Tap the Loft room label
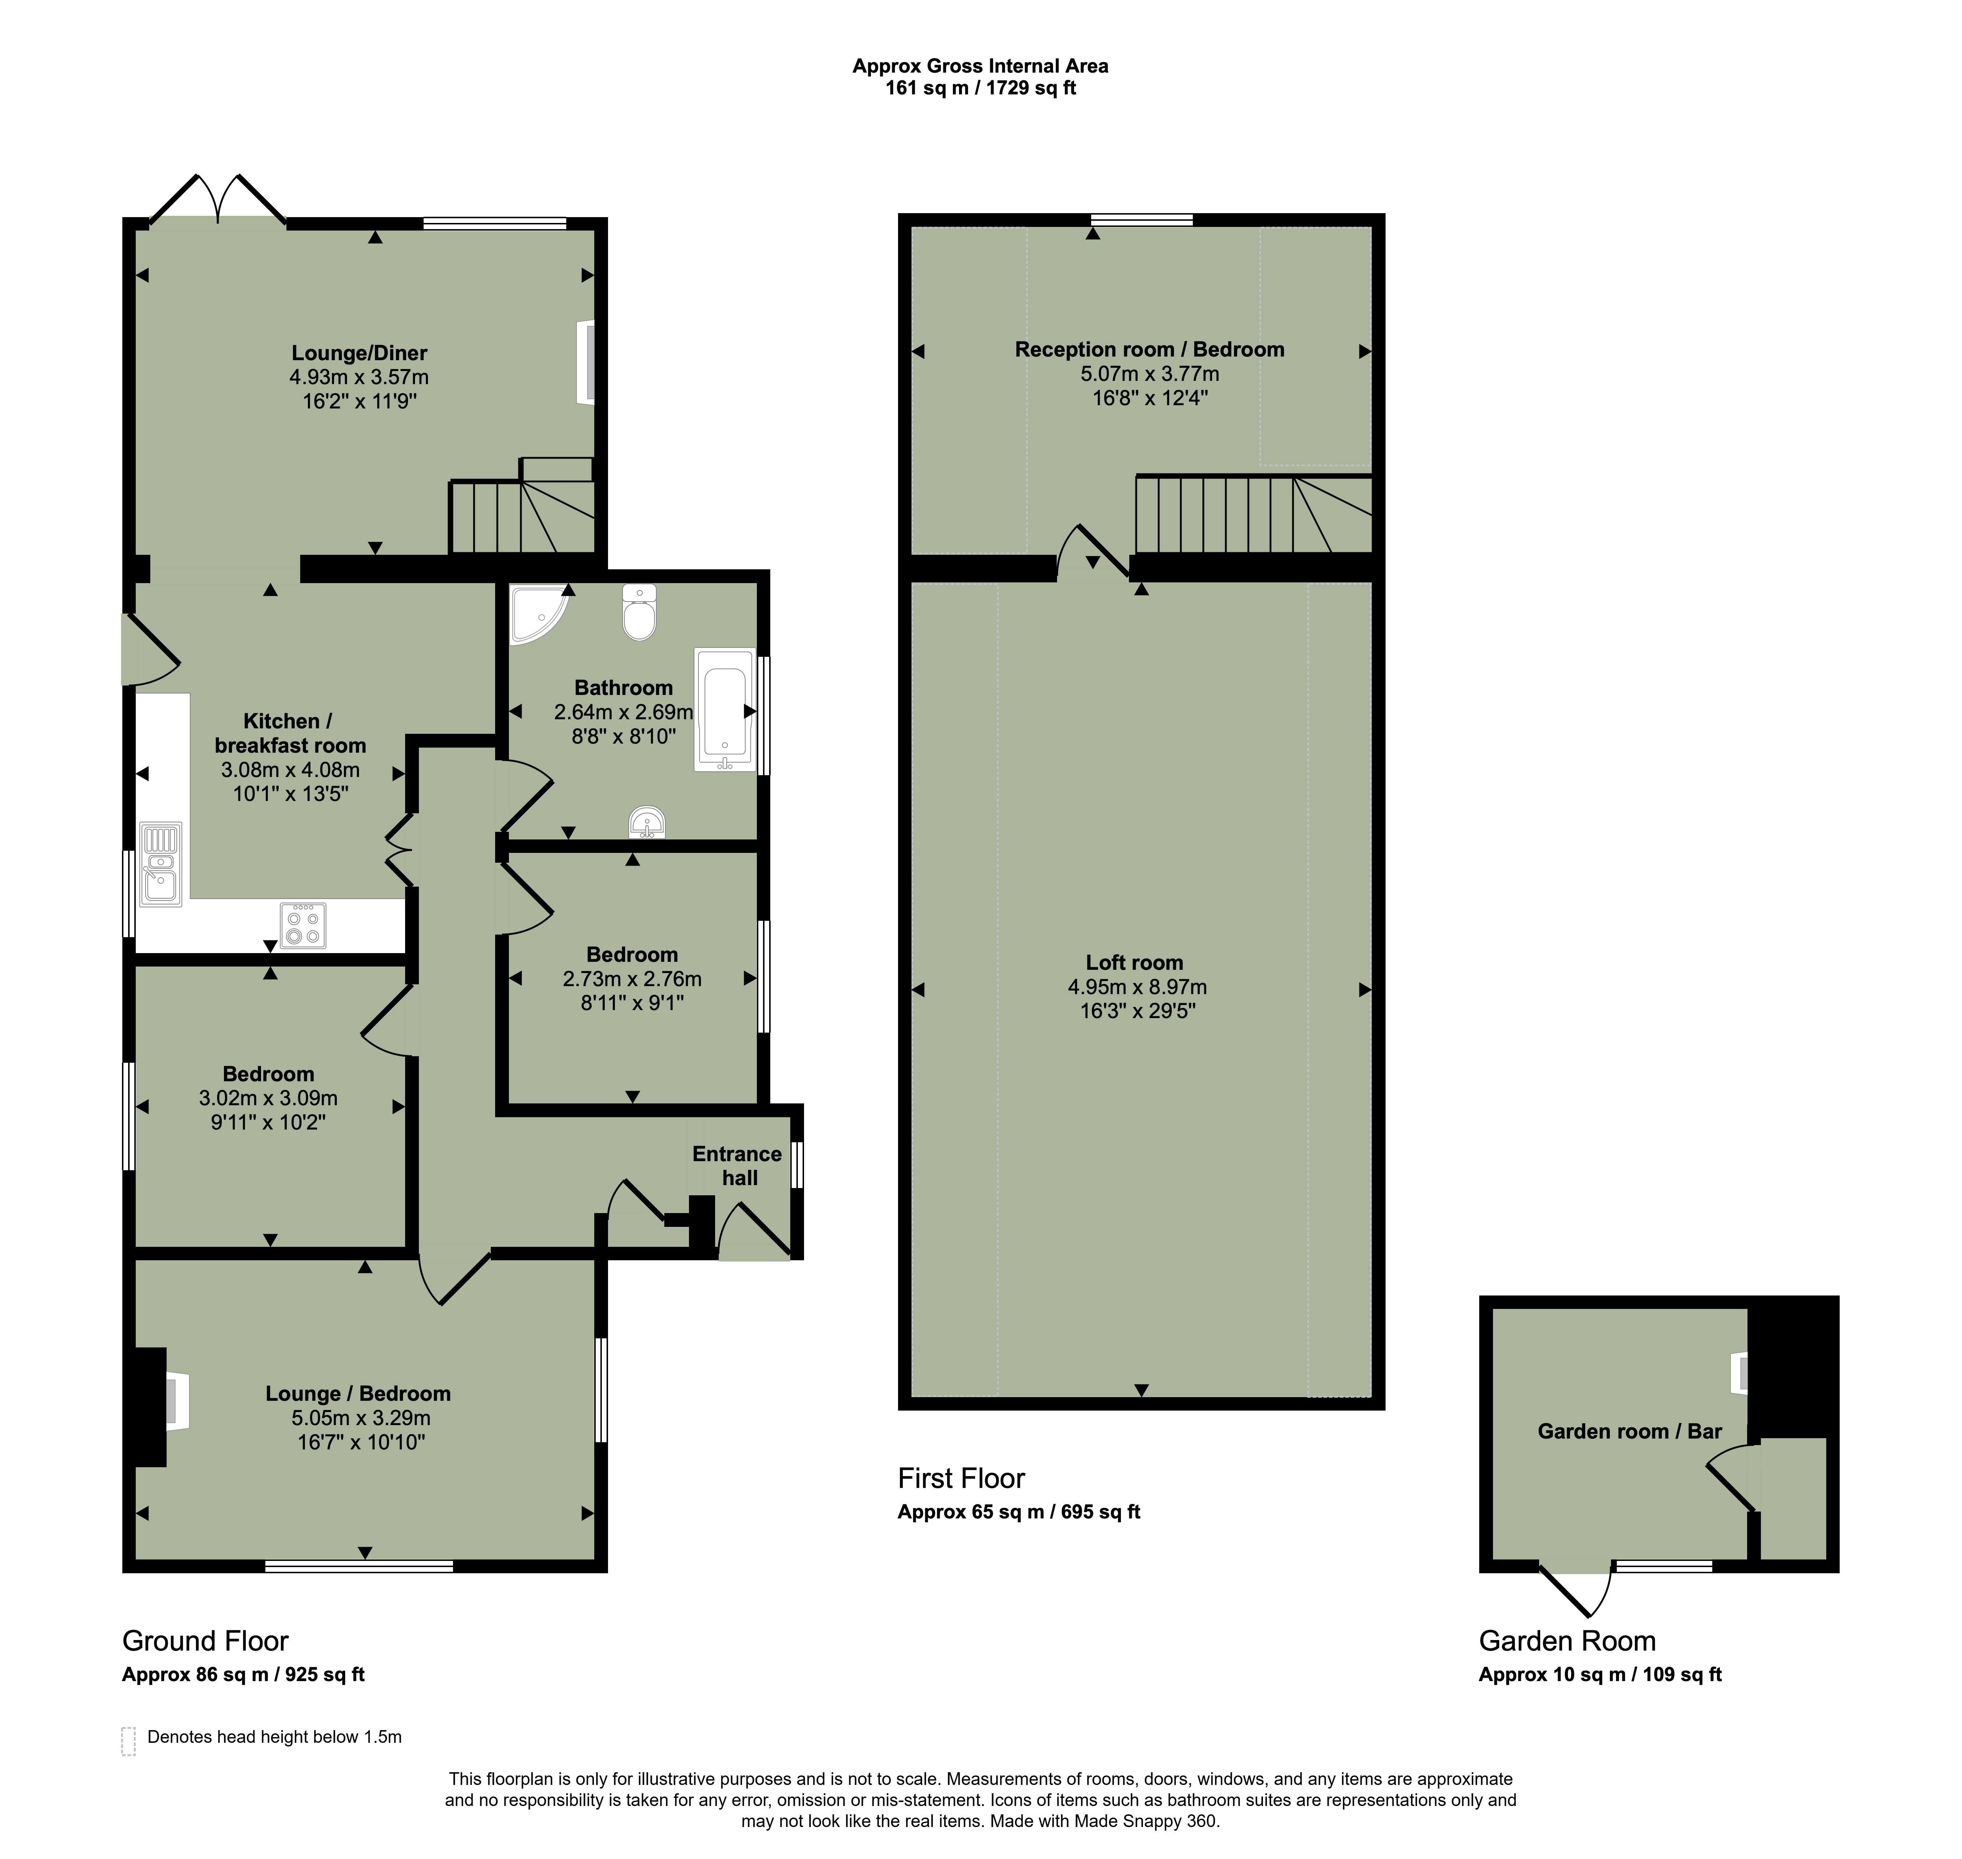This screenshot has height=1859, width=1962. (x=1135, y=962)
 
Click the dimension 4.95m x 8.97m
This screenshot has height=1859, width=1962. (x=1137, y=987)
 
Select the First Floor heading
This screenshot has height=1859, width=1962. (x=961, y=1478)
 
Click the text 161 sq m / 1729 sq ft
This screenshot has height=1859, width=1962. (x=980, y=88)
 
